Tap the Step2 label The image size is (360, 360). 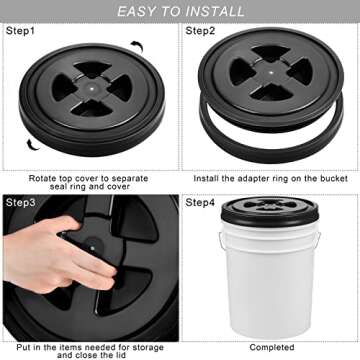202,31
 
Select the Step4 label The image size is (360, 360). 202,203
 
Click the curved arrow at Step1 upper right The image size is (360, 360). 136,47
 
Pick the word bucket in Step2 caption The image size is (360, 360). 322,177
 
